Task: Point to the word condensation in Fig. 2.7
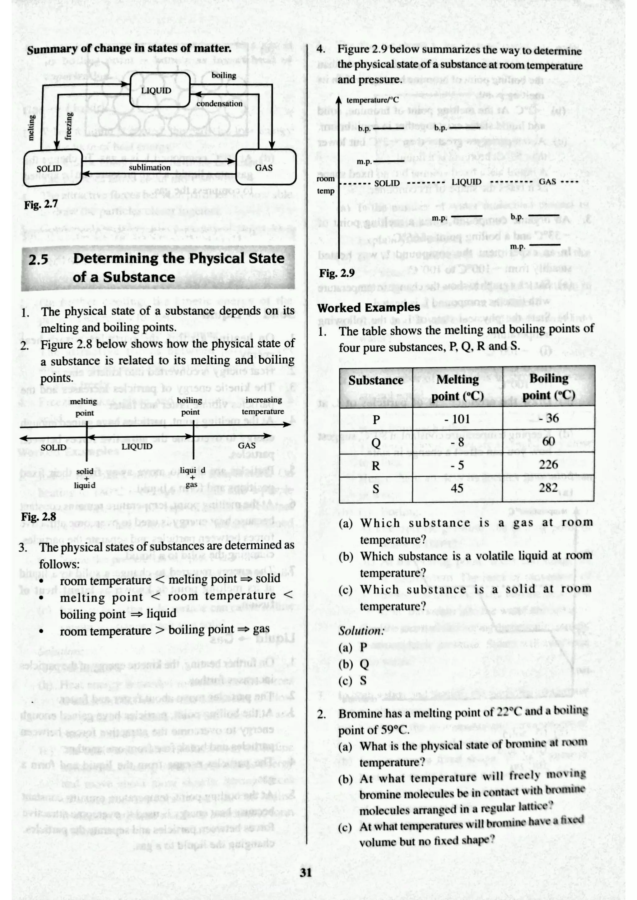219,104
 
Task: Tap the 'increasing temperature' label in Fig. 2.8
263,405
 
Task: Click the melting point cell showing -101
457,419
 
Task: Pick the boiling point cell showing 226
548,464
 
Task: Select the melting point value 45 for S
457,488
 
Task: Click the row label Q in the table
376,442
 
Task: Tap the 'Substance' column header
376,380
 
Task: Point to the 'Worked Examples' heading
368,307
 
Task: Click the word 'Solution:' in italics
361,631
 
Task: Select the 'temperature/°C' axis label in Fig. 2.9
372,100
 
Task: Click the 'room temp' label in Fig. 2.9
326,185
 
